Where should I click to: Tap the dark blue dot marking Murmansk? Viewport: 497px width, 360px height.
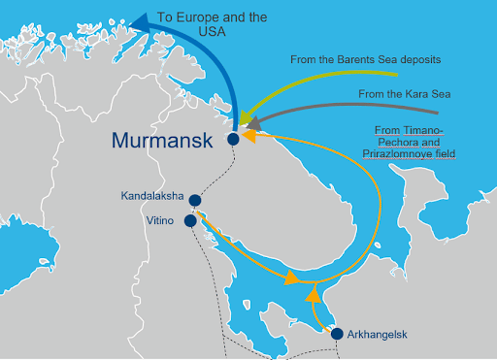click(x=233, y=139)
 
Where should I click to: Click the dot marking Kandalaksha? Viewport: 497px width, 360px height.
click(x=195, y=201)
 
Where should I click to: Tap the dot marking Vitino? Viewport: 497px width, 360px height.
click(x=190, y=220)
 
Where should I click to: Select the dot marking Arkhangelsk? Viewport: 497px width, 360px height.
click(x=337, y=334)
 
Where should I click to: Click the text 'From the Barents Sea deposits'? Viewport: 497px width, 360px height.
click(x=366, y=59)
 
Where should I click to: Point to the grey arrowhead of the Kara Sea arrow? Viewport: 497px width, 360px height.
click(x=255, y=123)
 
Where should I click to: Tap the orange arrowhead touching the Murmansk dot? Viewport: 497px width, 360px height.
click(x=247, y=137)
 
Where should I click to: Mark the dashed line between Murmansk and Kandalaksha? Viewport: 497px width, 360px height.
click(x=219, y=176)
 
